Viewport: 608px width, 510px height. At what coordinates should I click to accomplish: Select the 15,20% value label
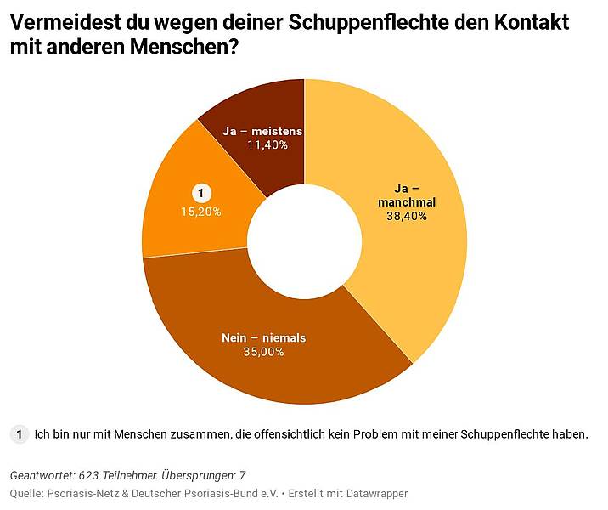[200, 212]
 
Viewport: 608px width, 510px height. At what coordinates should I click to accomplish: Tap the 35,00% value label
[262, 352]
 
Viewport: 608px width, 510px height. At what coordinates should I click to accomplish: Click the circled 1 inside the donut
[200, 194]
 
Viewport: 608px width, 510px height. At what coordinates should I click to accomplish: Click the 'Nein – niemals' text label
[263, 337]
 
